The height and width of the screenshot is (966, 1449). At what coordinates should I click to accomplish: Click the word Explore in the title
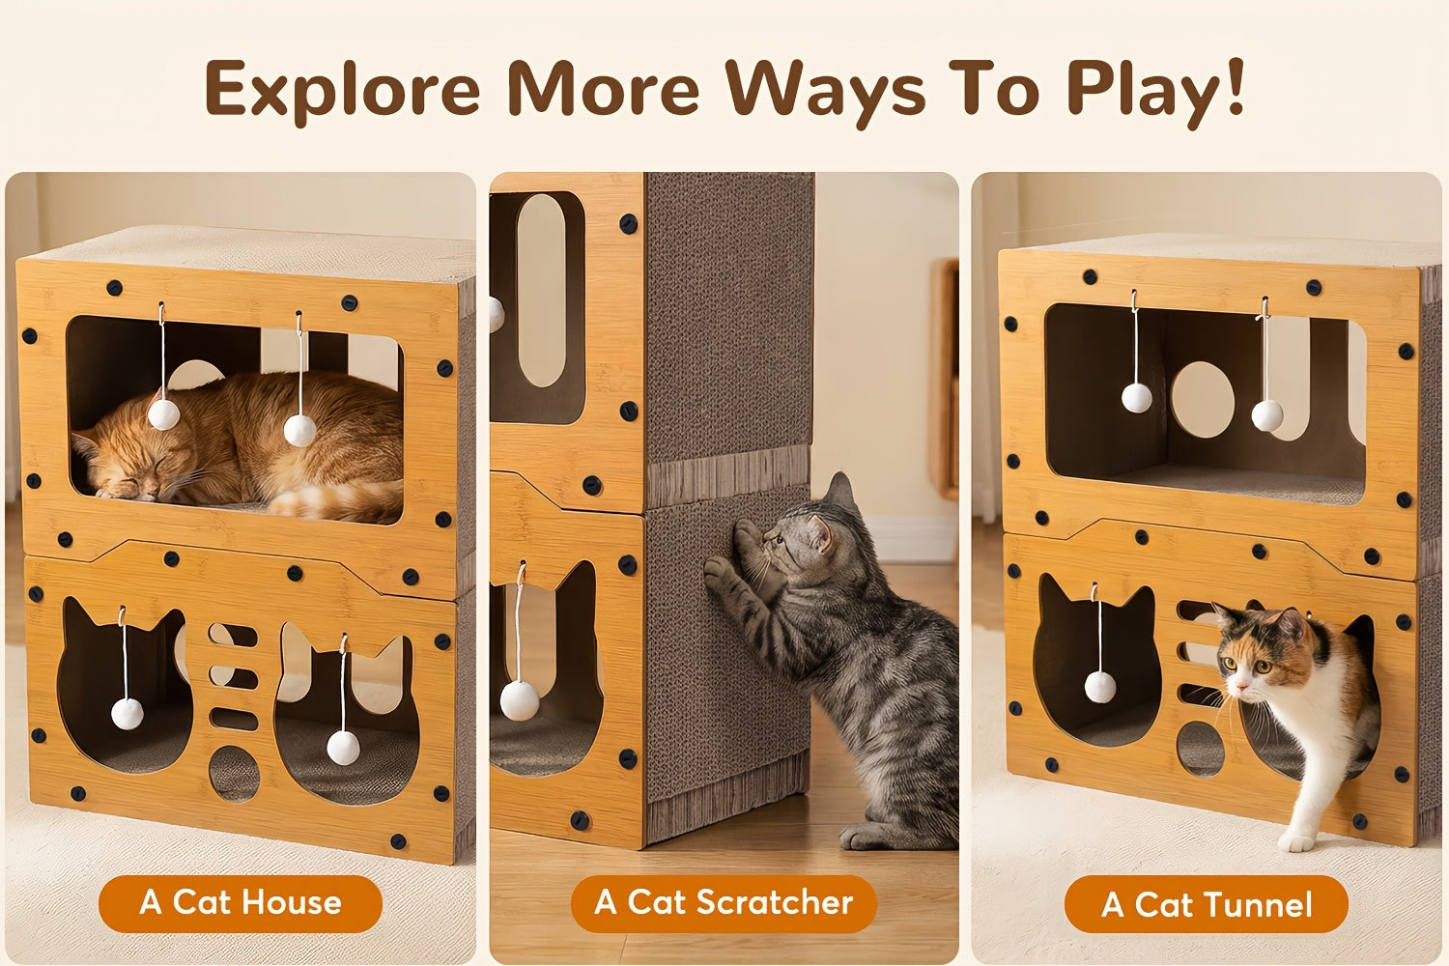[343, 91]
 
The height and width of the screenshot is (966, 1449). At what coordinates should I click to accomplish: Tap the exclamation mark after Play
[1236, 86]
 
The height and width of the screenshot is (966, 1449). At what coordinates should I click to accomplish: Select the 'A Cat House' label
[241, 902]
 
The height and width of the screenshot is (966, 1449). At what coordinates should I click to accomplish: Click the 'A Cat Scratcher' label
[724, 902]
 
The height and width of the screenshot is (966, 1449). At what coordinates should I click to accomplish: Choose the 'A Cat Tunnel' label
[1207, 904]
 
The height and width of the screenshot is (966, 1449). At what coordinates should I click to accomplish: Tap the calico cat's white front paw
[1295, 840]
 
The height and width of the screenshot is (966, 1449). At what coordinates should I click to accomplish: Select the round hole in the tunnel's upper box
[1203, 399]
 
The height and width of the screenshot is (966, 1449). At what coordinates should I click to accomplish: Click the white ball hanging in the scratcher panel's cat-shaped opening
[520, 700]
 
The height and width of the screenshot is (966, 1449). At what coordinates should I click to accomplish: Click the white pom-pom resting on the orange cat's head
[163, 414]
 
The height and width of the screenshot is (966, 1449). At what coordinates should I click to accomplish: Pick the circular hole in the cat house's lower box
[234, 774]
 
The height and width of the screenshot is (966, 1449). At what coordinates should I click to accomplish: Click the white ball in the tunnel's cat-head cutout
[1099, 687]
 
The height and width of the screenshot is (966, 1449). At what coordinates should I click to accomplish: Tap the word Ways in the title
[826, 93]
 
